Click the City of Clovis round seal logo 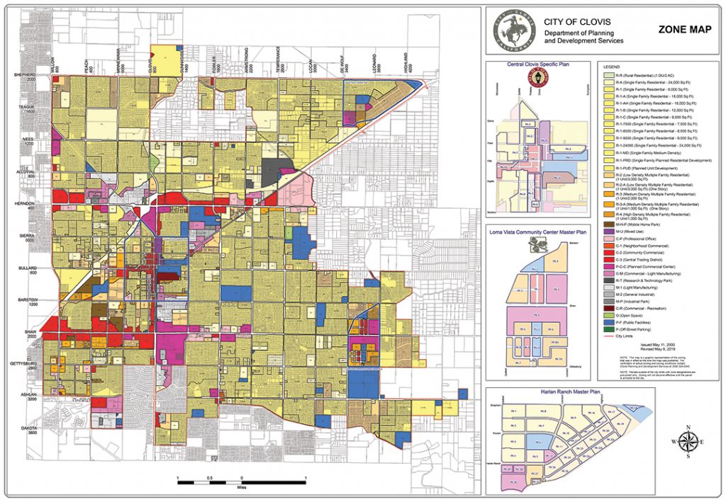click(513, 30)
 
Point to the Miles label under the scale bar click(242, 487)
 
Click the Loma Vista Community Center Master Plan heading click(541, 231)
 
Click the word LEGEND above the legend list click(611, 66)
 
